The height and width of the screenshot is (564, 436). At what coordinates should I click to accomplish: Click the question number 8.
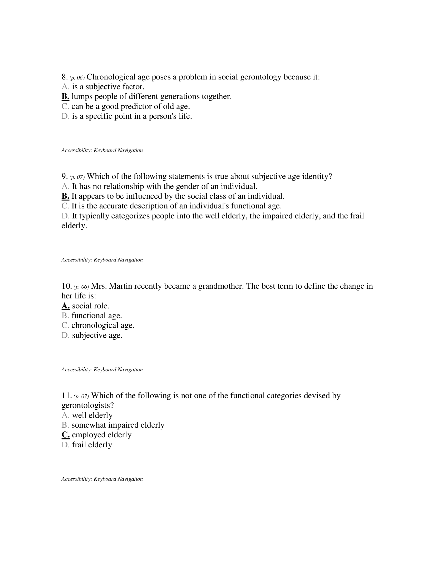(64, 77)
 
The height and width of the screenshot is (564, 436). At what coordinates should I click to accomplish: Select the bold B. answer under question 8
(65, 97)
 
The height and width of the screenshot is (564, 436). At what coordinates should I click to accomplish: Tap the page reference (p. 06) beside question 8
(77, 78)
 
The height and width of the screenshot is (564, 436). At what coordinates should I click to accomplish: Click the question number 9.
(64, 176)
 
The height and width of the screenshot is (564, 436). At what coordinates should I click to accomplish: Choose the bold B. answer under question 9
(65, 196)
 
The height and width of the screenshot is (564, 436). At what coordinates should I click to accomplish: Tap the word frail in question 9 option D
(357, 216)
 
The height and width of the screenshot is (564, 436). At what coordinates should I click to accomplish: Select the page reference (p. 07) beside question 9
(77, 177)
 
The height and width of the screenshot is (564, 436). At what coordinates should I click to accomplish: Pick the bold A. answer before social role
(66, 306)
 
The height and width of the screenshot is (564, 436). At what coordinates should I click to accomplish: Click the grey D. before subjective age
(65, 336)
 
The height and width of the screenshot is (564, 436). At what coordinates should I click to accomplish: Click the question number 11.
(66, 396)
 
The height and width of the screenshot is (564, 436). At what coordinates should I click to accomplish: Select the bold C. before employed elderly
(66, 435)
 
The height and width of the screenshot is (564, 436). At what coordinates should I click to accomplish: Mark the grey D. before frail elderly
(65, 445)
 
